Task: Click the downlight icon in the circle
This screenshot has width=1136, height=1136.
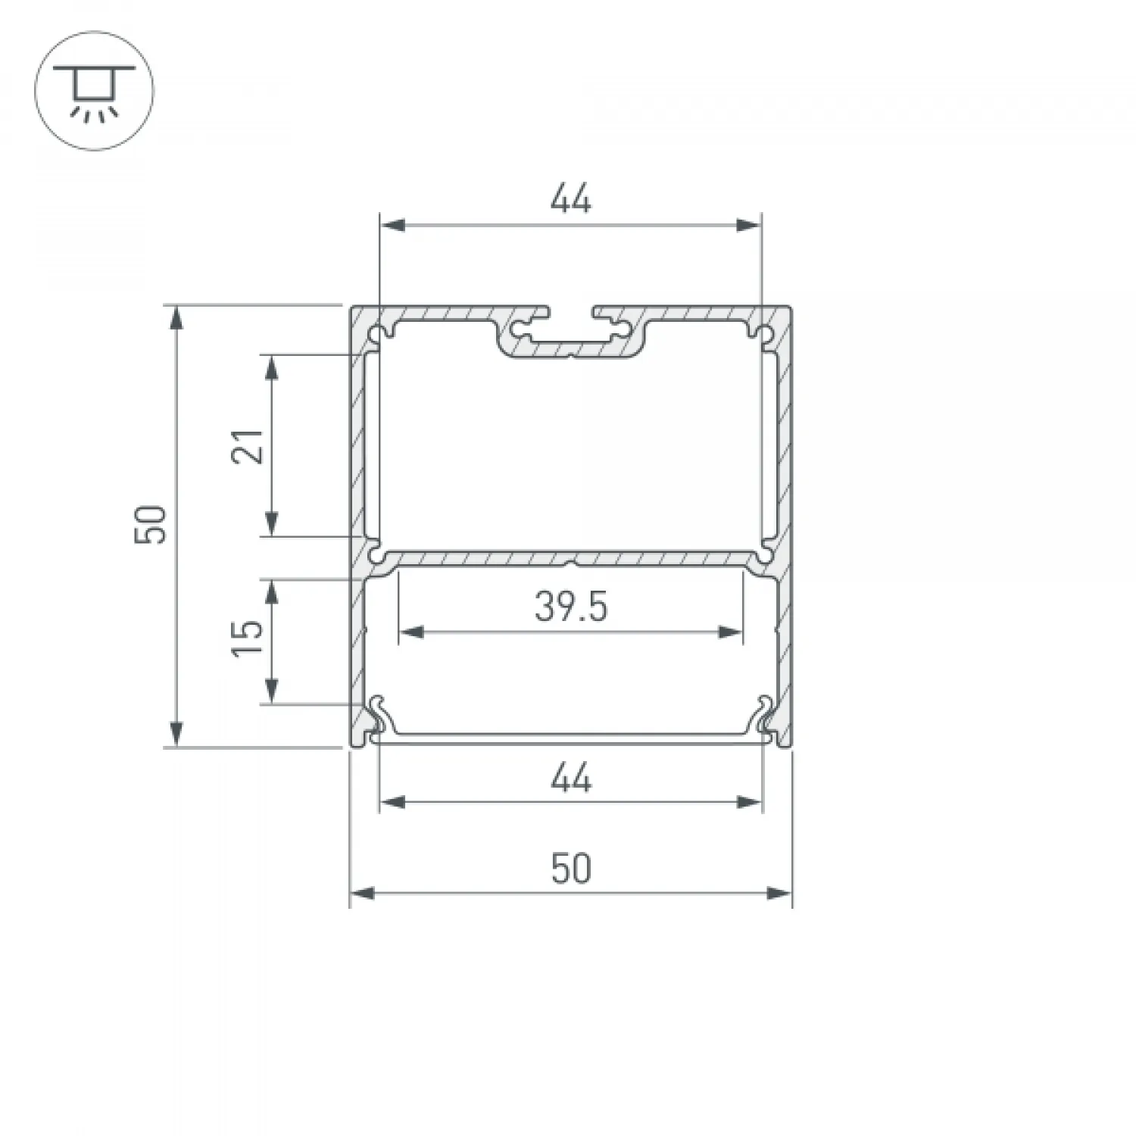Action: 95,91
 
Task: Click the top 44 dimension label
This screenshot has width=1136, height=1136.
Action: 570,200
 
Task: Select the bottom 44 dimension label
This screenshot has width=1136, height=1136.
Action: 570,778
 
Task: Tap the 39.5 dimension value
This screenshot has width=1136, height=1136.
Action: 570,607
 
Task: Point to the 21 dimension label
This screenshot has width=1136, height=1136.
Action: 250,445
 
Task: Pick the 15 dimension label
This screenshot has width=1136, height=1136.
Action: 250,638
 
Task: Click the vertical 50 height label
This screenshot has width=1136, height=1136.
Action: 151,524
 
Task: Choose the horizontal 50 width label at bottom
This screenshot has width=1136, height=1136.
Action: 570,869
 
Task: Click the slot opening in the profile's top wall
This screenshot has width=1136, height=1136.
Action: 570,312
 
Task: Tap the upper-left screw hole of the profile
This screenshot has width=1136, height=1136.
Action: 376,332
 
